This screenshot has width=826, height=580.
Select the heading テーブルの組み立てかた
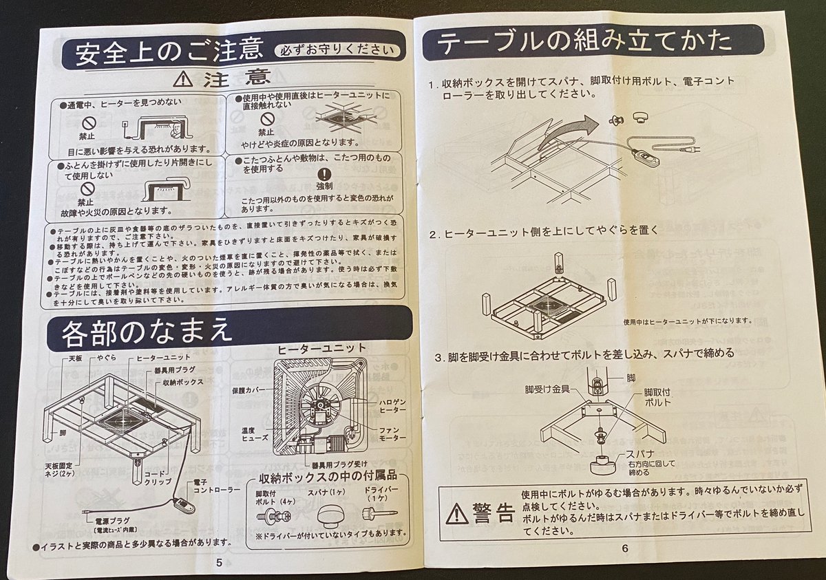pos(585,43)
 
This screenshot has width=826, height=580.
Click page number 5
pos(219,562)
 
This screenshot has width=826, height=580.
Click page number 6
pos(625,548)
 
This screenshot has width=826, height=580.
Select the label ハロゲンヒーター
pos(391,405)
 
